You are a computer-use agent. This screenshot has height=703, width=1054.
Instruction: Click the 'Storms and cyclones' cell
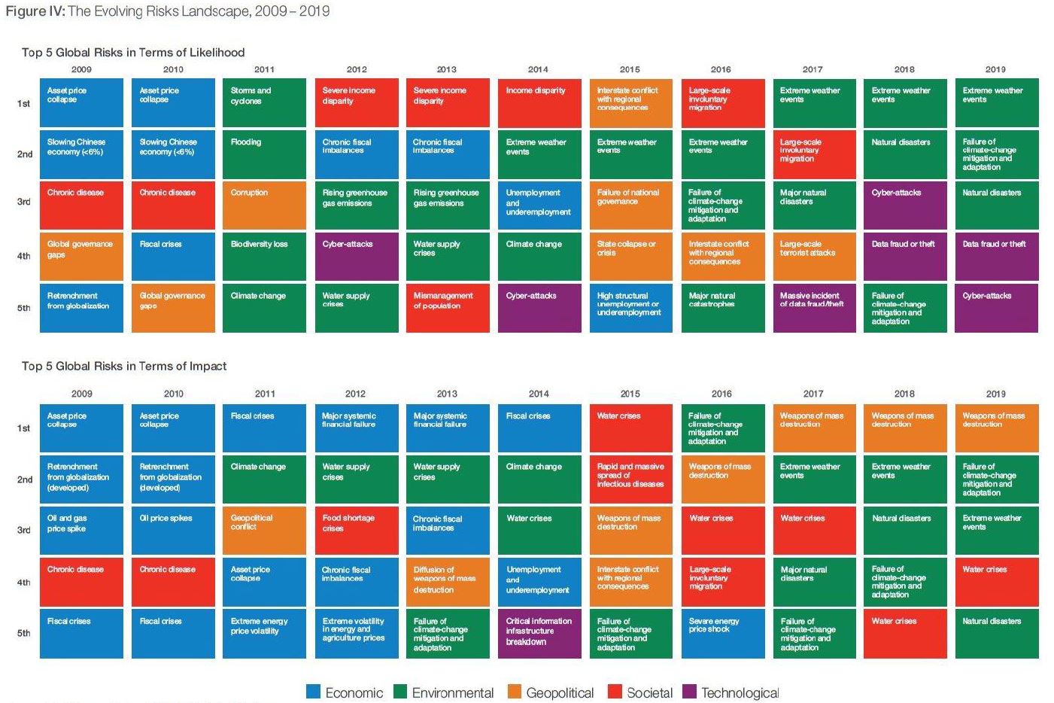tap(264, 103)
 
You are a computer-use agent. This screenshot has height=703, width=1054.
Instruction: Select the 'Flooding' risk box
tap(264, 154)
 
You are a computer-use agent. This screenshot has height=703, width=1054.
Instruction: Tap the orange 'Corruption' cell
tap(264, 205)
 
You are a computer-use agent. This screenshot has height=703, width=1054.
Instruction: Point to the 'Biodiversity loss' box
tap(264, 256)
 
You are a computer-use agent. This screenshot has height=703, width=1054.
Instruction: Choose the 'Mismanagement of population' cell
tap(447, 308)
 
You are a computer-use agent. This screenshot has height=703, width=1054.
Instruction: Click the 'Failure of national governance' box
tap(630, 205)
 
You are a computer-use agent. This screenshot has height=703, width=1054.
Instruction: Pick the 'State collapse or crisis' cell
tap(630, 256)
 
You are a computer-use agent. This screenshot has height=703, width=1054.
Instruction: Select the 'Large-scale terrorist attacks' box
tap(813, 256)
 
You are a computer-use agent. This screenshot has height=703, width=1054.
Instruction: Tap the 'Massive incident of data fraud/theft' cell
tap(813, 308)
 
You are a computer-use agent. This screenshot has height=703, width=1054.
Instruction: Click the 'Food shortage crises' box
tap(356, 531)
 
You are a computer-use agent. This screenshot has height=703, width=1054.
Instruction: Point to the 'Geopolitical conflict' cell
tap(264, 531)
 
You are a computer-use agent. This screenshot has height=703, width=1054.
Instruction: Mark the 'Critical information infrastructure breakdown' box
tap(539, 633)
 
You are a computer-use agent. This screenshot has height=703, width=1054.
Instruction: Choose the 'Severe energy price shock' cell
tap(721, 633)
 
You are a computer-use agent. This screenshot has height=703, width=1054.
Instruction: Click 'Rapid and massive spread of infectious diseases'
tap(630, 479)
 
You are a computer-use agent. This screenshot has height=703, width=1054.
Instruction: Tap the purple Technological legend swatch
tap(689, 692)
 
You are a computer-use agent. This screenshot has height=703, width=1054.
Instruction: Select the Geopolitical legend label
tap(560, 692)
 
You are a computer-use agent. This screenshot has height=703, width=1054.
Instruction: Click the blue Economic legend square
tap(314, 692)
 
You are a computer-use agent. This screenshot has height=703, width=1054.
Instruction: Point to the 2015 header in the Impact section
tap(630, 394)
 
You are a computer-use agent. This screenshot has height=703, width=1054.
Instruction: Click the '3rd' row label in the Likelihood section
tap(24, 202)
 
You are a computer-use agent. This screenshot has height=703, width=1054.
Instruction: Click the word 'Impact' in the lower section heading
tap(208, 367)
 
